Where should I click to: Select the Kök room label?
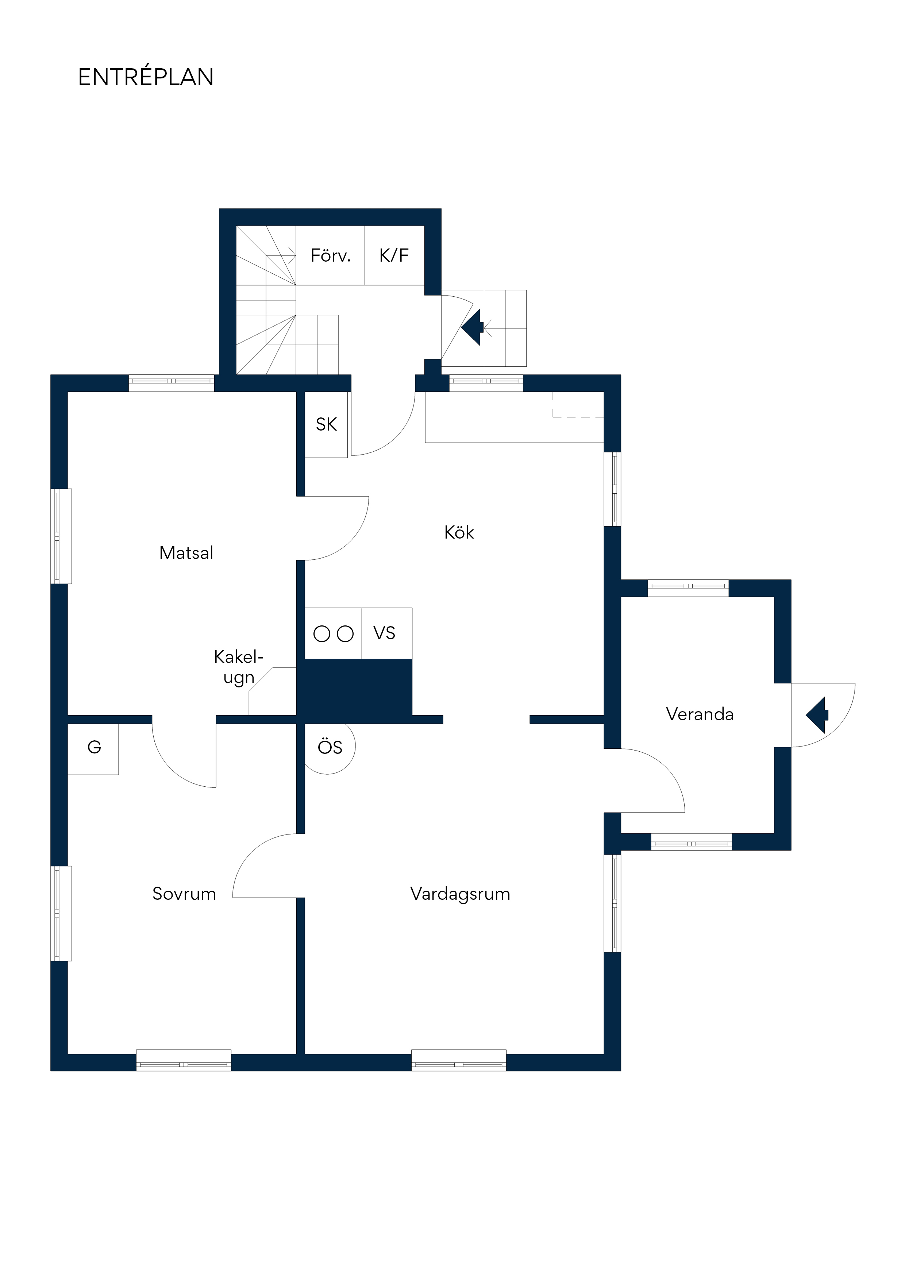tap(459, 532)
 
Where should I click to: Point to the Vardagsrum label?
tap(460, 894)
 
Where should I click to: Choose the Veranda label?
tap(700, 714)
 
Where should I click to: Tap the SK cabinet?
tap(326, 424)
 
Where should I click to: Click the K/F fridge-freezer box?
tap(394, 255)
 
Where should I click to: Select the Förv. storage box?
tap(330, 255)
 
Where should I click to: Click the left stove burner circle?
tap(322, 634)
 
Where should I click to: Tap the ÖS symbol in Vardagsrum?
tap(330, 747)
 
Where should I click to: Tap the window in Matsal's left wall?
tap(61, 536)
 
